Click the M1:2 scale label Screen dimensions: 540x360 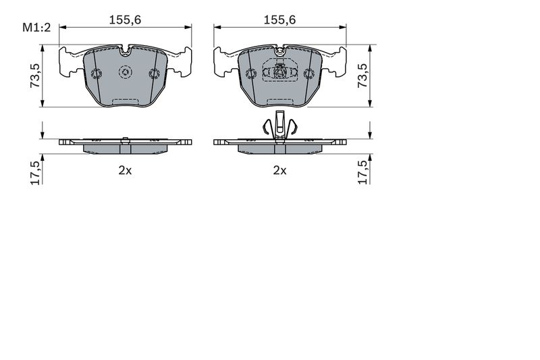[x=36, y=28]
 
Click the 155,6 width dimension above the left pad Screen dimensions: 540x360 [x=125, y=20]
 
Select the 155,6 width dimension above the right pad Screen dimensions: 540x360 [x=279, y=20]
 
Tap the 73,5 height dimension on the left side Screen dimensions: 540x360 [x=35, y=75]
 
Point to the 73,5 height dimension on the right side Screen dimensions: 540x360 [x=362, y=75]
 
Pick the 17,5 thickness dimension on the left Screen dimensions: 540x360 [x=36, y=172]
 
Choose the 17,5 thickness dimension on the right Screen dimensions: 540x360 [x=363, y=172]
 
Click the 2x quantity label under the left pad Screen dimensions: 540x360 [x=125, y=170]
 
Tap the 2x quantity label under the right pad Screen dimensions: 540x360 [x=279, y=170]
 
